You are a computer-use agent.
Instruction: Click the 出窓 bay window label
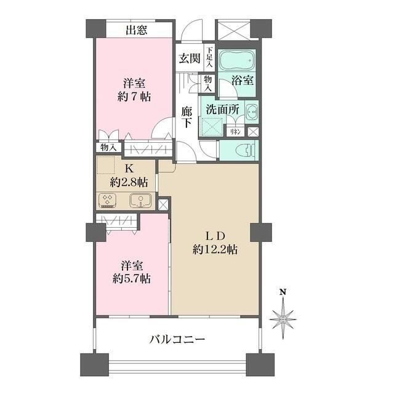[x=136, y=30]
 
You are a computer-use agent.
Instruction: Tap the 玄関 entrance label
[x=189, y=58]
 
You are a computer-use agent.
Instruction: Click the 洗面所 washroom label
[x=222, y=109]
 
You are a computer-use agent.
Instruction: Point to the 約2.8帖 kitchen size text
[x=129, y=182]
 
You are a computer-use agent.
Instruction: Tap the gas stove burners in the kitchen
[x=108, y=200]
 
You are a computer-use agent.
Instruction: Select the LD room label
[x=214, y=236]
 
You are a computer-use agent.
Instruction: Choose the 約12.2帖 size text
[x=214, y=250]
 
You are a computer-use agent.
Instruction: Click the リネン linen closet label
[x=235, y=131]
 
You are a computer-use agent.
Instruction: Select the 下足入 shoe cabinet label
[x=210, y=57]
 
